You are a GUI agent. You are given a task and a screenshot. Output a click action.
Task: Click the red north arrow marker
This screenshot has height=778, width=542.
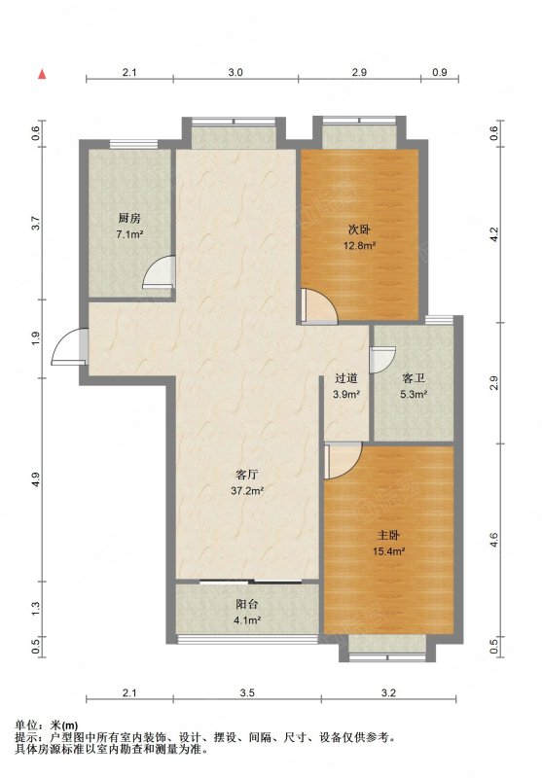(42, 75)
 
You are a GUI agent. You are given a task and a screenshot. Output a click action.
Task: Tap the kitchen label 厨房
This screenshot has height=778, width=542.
(129, 218)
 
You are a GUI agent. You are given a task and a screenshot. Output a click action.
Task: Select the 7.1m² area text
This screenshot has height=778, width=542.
(129, 234)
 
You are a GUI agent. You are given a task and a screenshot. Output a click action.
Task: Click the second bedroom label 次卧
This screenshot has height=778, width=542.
(358, 230)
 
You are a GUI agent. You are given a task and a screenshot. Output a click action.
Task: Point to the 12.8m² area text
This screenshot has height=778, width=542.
(359, 245)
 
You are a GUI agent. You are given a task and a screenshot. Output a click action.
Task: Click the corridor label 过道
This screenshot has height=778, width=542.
(346, 378)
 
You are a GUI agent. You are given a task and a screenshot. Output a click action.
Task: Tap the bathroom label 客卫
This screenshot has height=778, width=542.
(414, 378)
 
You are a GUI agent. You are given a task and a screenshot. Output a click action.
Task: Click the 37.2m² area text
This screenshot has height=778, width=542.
(247, 491)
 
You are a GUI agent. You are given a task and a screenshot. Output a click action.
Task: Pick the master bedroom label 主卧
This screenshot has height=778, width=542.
(388, 536)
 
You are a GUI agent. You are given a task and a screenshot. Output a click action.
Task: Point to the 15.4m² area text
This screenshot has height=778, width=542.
(389, 550)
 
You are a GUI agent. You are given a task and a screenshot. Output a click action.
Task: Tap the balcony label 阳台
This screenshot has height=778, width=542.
(247, 604)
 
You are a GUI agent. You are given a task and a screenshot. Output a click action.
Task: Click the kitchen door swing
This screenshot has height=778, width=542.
(159, 272)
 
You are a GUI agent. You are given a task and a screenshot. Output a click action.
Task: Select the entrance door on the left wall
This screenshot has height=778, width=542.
(69, 346)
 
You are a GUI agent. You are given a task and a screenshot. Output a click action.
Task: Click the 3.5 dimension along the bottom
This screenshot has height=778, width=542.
(247, 693)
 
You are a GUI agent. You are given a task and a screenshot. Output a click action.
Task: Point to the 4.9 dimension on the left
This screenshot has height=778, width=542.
(35, 479)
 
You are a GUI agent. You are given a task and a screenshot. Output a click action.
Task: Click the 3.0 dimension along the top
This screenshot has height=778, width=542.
(235, 72)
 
